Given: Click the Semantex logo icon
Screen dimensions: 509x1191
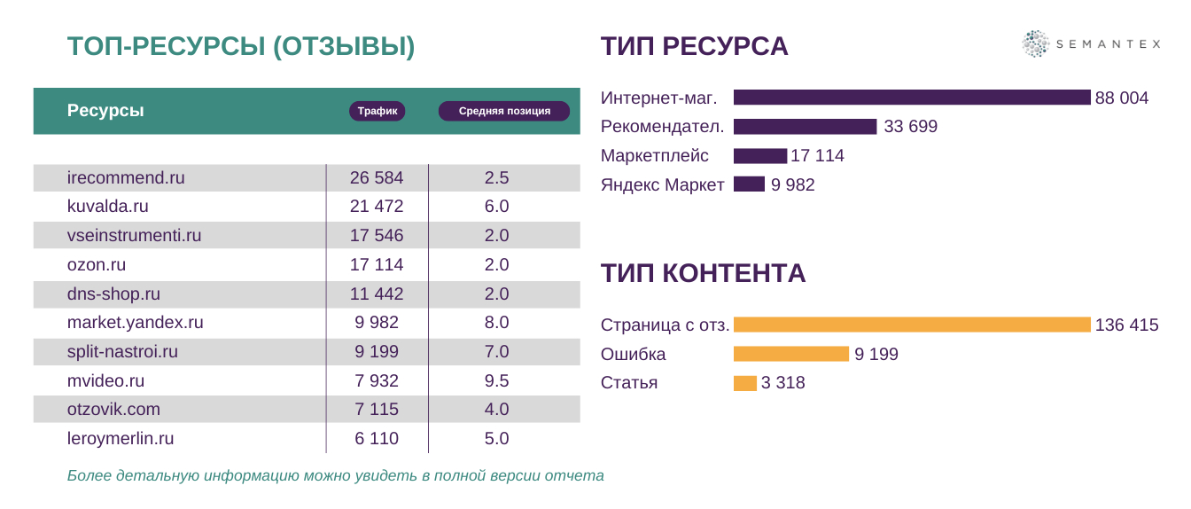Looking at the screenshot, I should pyautogui.click(x=1034, y=43).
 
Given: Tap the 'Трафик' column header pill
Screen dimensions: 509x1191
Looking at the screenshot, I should pyautogui.click(x=377, y=111).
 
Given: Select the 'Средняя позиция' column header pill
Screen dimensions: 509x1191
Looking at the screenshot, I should pyautogui.click(x=504, y=111).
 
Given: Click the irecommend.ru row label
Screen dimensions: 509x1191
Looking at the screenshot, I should pyautogui.click(x=126, y=177).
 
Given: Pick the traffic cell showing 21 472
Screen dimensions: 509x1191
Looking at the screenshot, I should pyautogui.click(x=377, y=207).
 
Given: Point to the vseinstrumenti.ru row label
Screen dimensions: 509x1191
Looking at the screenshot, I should pyautogui.click(x=135, y=236).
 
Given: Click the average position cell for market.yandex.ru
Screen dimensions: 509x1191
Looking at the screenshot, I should pyautogui.click(x=497, y=323).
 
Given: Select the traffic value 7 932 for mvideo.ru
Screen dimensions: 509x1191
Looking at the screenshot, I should pyautogui.click(x=377, y=381).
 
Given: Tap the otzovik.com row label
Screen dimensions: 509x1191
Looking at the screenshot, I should pyautogui.click(x=113, y=410).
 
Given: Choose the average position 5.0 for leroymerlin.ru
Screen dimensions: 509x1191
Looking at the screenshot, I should pyautogui.click(x=497, y=439).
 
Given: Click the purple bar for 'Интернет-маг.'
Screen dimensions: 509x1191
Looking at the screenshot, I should pyautogui.click(x=912, y=98).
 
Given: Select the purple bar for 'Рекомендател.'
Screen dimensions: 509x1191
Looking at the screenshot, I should pyautogui.click(x=805, y=127).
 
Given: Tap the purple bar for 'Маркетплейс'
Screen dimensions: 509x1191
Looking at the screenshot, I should pyautogui.click(x=760, y=156).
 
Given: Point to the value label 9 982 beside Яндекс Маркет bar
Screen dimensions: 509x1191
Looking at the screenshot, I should pyautogui.click(x=792, y=185).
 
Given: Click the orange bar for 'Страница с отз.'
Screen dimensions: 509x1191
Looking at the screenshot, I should pyautogui.click(x=912, y=325).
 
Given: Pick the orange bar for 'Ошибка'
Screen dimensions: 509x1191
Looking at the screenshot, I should pyautogui.click(x=790, y=354).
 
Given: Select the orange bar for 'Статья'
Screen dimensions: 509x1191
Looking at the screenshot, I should pyautogui.click(x=744, y=383).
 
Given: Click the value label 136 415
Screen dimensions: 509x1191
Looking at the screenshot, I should pyautogui.click(x=1126, y=325).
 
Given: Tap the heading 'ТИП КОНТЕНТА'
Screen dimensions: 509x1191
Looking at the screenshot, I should pyautogui.click(x=703, y=273).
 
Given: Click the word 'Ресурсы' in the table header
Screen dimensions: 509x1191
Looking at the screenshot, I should pyautogui.click(x=105, y=111).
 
